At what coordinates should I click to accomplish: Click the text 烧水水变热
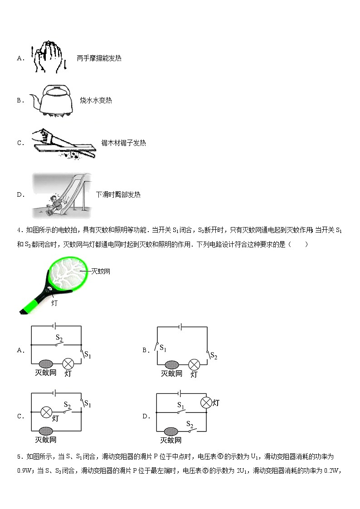(96, 100)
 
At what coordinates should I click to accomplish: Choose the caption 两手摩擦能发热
(99, 58)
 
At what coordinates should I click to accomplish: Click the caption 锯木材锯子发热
(123, 143)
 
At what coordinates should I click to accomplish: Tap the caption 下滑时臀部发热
(118, 194)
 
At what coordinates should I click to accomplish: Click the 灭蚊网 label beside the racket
(101, 271)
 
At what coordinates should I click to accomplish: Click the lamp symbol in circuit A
(68, 364)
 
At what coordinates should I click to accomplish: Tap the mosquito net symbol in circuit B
(172, 364)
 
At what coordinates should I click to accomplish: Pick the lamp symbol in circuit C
(46, 412)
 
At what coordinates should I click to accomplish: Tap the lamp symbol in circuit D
(206, 402)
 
